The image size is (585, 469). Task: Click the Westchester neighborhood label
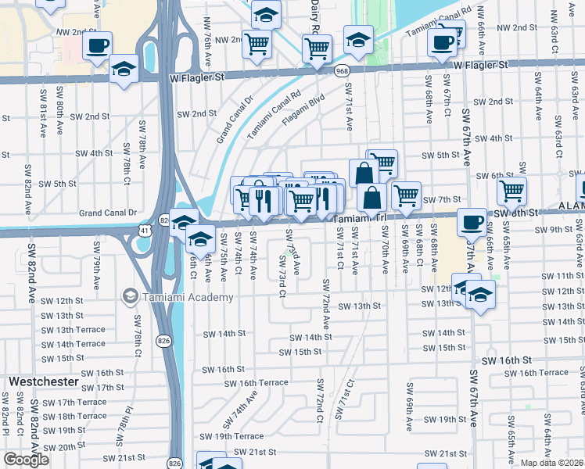[43, 381]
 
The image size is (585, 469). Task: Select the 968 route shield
[342, 71]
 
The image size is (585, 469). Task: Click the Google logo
[27, 460]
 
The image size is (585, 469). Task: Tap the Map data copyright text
[551, 463]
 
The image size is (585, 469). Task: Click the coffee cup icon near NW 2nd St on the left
[96, 45]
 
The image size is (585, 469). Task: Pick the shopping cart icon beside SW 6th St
[511, 190]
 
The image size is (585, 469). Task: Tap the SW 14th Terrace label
[74, 344]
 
